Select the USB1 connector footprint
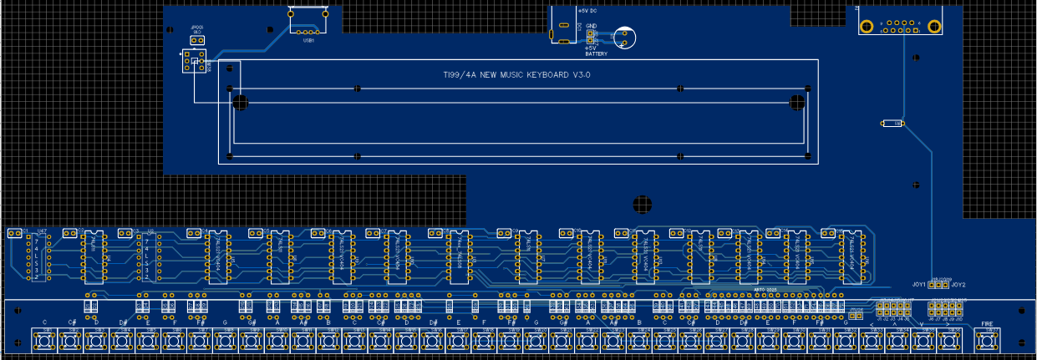(308, 20)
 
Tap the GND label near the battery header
(591, 26)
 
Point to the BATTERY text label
(596, 53)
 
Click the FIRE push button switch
(988, 341)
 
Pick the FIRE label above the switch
(987, 323)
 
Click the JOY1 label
(918, 285)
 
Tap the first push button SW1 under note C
(44, 341)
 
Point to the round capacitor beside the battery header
(623, 37)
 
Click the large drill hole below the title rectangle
(641, 203)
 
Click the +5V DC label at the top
(587, 11)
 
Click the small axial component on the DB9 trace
(892, 124)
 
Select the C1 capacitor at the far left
(15, 234)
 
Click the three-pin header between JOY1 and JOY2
(939, 285)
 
